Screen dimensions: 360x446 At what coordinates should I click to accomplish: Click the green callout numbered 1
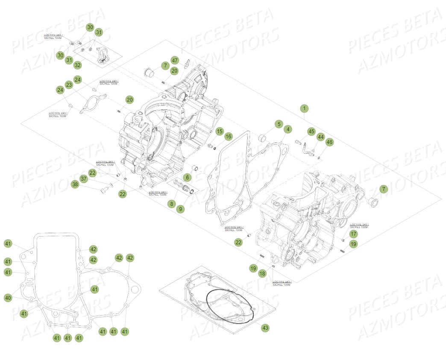(x=304, y=108)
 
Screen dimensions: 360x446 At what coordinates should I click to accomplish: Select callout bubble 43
(x=265, y=328)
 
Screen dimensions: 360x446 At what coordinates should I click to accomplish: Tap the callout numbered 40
(x=8, y=298)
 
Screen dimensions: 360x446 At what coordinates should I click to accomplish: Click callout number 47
(x=175, y=60)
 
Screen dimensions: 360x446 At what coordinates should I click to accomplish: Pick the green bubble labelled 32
(x=77, y=65)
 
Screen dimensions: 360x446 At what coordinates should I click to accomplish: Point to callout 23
(x=69, y=85)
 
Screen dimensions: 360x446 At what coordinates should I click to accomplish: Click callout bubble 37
(x=84, y=179)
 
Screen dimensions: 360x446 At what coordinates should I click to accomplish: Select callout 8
(x=171, y=204)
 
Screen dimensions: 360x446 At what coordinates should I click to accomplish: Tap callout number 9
(x=181, y=209)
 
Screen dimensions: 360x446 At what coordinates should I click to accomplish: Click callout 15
(x=219, y=131)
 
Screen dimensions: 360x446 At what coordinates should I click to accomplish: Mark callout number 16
(x=229, y=137)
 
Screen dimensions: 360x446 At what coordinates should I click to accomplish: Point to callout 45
(x=311, y=132)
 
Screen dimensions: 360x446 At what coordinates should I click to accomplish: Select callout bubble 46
(x=329, y=142)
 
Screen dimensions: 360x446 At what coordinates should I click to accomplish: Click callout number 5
(x=279, y=124)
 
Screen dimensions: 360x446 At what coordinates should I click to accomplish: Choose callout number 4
(x=288, y=129)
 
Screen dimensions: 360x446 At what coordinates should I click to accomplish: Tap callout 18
(x=262, y=273)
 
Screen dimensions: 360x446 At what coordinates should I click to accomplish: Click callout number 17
(x=353, y=234)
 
